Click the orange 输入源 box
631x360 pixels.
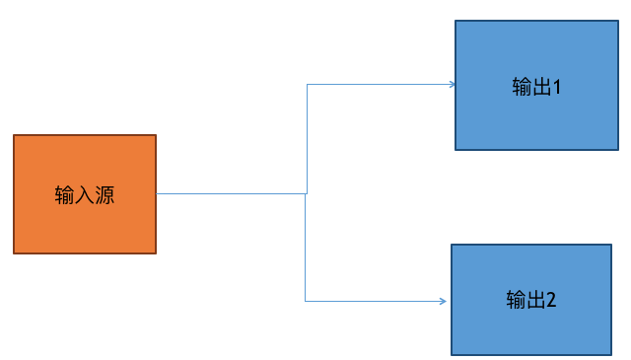(x=85, y=194)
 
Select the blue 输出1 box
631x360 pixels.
(x=536, y=86)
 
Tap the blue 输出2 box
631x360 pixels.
(x=531, y=300)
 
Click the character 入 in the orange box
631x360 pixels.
(x=85, y=195)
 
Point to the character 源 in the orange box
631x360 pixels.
(x=105, y=195)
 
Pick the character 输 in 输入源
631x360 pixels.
(x=65, y=195)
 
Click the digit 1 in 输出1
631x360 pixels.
(x=557, y=87)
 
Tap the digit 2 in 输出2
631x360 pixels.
(x=551, y=300)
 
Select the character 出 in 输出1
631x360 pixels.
(x=541, y=87)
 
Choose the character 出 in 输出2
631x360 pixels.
(x=536, y=300)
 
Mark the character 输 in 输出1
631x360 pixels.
(x=523, y=87)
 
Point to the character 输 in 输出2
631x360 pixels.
(x=517, y=300)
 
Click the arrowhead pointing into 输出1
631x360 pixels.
(x=453, y=85)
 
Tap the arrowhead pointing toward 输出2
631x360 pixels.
(x=444, y=301)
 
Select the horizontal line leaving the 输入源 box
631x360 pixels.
(x=231, y=193)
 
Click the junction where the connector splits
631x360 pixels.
(x=306, y=193)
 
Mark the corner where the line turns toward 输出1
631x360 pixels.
(x=307, y=85)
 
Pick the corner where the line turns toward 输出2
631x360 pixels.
(x=305, y=301)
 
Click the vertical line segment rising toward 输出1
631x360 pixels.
(x=307, y=139)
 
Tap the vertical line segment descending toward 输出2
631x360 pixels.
(x=305, y=248)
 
